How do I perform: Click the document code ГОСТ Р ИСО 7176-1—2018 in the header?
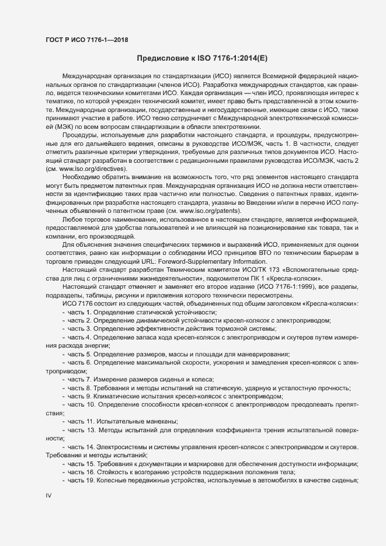[x=86, y=40]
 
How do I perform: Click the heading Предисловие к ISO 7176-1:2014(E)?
[x=202, y=58]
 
